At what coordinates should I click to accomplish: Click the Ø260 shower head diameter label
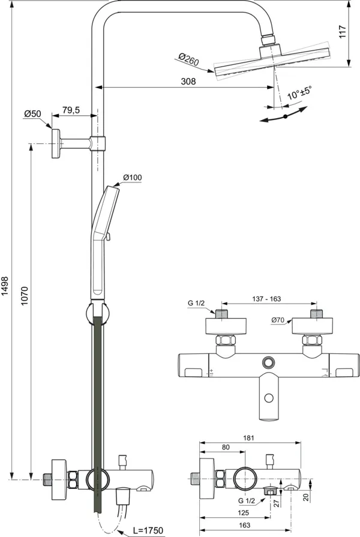188,59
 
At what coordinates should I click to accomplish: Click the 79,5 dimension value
71,110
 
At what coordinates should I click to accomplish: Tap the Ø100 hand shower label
132,177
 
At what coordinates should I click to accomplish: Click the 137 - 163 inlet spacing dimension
267,298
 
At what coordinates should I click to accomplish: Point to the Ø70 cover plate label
277,320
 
